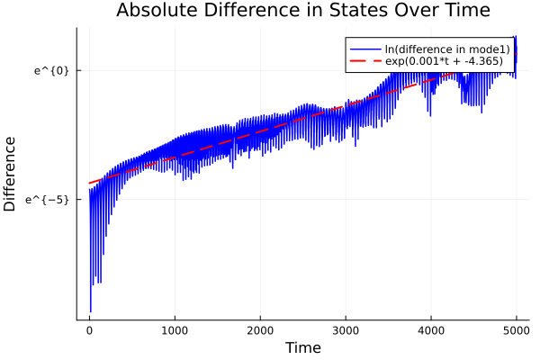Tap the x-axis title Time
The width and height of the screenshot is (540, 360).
point(302,347)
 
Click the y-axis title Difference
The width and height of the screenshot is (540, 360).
point(11,174)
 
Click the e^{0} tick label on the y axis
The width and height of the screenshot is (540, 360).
point(51,70)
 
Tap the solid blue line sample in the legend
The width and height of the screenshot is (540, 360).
point(362,49)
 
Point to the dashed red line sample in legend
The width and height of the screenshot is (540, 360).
point(362,62)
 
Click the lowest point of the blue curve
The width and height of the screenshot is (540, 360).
point(90,311)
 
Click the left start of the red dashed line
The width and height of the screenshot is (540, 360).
point(89,184)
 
